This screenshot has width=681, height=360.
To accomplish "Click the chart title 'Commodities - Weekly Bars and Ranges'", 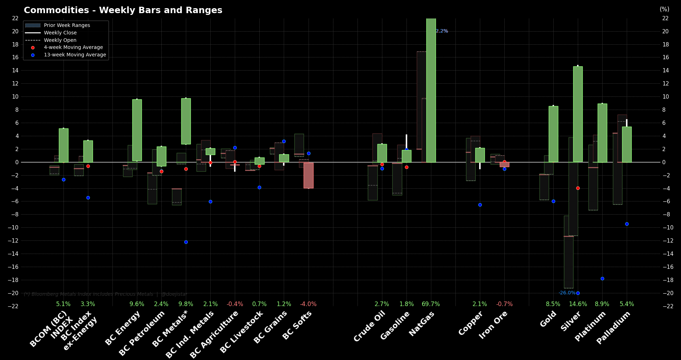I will [x=123, y=10].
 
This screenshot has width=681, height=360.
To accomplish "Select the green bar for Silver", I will [x=578, y=113].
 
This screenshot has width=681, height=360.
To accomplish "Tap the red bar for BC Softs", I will [x=308, y=175].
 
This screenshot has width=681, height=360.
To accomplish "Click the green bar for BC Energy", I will [x=137, y=130].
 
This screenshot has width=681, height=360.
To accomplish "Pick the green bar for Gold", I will [x=553, y=134].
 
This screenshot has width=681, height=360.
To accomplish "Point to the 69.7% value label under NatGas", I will [x=431, y=304].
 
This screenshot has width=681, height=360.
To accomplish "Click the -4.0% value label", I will [x=308, y=304].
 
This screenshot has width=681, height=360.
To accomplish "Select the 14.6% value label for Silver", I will [x=578, y=304].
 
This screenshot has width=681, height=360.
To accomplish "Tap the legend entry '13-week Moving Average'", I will [x=75, y=55].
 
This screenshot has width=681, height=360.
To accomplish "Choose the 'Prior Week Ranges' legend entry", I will [x=67, y=25].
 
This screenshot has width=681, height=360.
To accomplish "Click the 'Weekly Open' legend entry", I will [x=60, y=40].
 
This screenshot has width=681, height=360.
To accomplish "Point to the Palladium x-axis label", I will [x=613, y=327].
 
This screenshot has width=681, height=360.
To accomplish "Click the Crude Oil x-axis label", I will [x=369, y=326].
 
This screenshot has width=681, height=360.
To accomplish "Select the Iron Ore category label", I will [x=493, y=325].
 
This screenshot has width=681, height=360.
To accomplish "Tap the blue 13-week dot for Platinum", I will [x=602, y=279].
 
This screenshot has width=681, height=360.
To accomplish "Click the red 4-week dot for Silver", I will [x=578, y=188].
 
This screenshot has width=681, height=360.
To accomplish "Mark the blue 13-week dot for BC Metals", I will [x=186, y=242].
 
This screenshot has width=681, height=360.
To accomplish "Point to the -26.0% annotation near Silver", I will [x=567, y=293].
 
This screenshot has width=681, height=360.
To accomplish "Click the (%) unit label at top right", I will [x=664, y=9].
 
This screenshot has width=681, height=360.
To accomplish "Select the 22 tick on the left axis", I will [x=15, y=18].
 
